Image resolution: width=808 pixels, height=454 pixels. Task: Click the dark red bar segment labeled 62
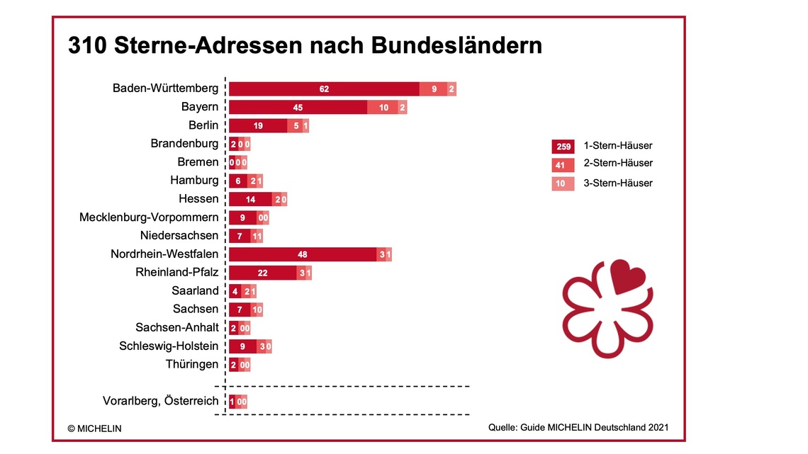pyautogui.click(x=324, y=89)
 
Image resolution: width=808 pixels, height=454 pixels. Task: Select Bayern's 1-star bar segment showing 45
pyautogui.click(x=298, y=108)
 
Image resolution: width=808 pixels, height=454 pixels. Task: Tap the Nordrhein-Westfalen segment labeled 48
pyautogui.click(x=302, y=254)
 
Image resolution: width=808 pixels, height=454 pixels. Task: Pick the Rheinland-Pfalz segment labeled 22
pyautogui.click(x=262, y=273)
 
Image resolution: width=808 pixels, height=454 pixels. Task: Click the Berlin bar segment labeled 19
pyautogui.click(x=258, y=126)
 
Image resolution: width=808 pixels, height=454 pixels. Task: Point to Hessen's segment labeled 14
pyautogui.click(x=250, y=200)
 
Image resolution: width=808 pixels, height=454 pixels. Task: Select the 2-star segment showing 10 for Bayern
pyautogui.click(x=383, y=108)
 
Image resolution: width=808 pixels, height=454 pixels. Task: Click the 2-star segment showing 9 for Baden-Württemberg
pyautogui.click(x=433, y=89)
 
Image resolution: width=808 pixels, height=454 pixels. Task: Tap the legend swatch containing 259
pyautogui.click(x=563, y=147)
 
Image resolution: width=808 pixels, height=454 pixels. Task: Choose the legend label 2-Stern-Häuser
pyautogui.click(x=618, y=164)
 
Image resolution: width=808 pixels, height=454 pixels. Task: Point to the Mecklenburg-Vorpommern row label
pyautogui.click(x=149, y=217)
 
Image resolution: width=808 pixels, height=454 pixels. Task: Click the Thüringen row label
pyautogui.click(x=191, y=365)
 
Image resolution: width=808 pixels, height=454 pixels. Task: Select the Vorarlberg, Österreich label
pyautogui.click(x=161, y=401)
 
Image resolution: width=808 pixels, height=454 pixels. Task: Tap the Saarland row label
pyautogui.click(x=195, y=291)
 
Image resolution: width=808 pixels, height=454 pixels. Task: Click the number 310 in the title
pyautogui.click(x=88, y=46)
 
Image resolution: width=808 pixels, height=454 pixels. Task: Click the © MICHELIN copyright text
pyautogui.click(x=95, y=429)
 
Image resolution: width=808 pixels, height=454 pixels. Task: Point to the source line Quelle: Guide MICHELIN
pyautogui.click(x=578, y=428)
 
